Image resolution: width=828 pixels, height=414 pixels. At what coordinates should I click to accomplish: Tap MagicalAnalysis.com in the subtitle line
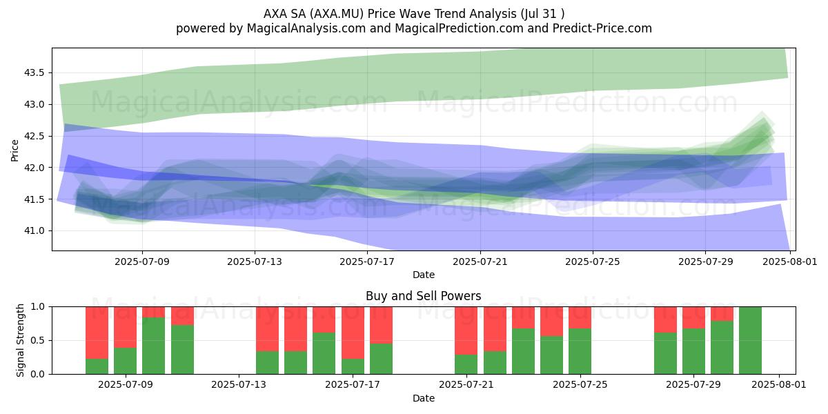point(306,28)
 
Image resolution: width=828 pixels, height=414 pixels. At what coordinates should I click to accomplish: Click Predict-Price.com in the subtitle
point(602,28)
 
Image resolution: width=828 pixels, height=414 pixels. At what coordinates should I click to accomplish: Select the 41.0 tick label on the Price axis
point(34,231)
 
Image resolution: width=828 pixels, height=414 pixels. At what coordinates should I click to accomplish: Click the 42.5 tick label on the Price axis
point(34,136)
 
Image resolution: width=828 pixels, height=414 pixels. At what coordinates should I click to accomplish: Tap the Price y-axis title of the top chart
point(14,150)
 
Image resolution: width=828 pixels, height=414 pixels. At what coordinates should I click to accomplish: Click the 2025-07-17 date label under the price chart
point(367,262)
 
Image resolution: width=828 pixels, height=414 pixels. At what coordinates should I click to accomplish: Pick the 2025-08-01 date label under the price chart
point(790,262)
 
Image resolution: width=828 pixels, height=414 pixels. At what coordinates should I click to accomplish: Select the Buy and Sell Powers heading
point(423,296)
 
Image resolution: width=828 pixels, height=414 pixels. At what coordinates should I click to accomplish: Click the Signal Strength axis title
point(20,340)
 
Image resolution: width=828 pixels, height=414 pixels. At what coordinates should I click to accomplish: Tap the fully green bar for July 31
point(751,340)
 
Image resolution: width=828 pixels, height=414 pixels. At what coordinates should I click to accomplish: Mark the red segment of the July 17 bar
point(353,333)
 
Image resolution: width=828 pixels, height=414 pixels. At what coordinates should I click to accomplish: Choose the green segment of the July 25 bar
point(580,351)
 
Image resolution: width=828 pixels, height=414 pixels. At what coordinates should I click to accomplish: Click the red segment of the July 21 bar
point(466,331)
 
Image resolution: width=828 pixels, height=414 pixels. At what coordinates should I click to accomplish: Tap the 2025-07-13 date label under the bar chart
point(239,385)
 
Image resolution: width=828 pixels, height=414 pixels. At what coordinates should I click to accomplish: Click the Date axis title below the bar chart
point(424,399)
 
